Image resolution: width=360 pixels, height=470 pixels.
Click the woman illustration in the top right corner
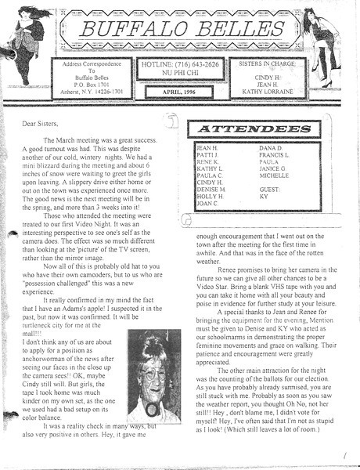(329, 43)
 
